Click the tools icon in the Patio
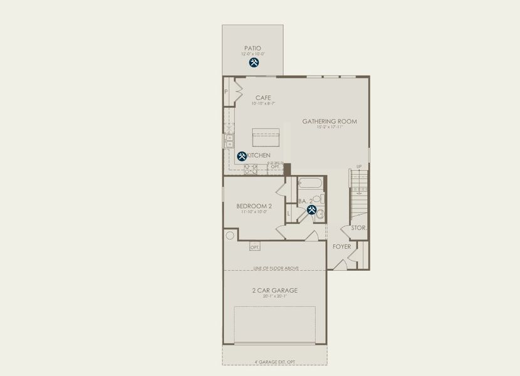point(254,63)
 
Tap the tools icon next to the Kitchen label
point(241,156)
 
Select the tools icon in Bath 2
point(311,210)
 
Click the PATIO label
point(252,48)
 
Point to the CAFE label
point(263,98)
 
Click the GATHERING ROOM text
point(329,122)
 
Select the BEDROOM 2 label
point(254,206)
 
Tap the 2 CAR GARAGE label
point(274,290)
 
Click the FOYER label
point(341,246)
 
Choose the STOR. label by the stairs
point(358,227)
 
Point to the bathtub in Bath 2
point(309,184)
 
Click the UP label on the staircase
point(358,167)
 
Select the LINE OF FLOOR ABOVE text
point(276,268)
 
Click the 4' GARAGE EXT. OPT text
point(274,362)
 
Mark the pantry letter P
point(226,91)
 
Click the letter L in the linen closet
point(288,214)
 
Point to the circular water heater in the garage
point(230,236)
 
